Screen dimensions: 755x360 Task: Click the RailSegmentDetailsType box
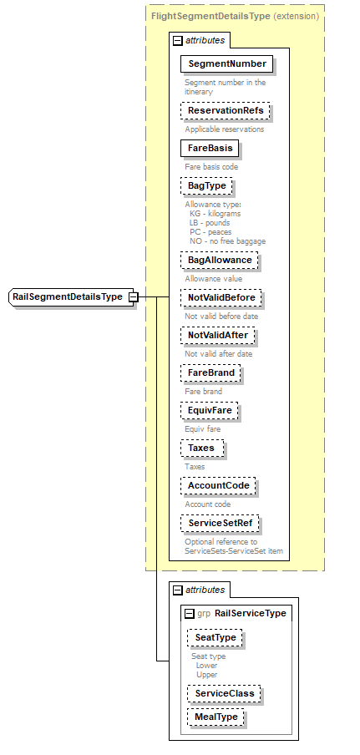point(68,296)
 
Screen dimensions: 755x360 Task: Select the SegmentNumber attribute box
point(227,63)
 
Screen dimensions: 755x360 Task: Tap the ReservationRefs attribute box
point(227,111)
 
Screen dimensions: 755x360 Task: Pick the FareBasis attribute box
point(210,148)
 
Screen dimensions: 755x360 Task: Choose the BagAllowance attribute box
point(220,260)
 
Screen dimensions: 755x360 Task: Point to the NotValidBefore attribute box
point(221,297)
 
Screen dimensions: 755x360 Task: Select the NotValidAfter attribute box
point(217,335)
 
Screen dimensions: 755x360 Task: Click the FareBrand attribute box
point(211,372)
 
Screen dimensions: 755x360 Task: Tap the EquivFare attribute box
point(210,410)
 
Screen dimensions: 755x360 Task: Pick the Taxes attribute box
point(201,448)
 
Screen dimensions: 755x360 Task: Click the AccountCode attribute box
point(220,485)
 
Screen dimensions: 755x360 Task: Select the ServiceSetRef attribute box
point(221,523)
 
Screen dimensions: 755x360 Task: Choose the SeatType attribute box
point(215,637)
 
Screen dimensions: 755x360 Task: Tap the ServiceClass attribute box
point(224,693)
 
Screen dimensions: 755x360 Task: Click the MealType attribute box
point(215,716)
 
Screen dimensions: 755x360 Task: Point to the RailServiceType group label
point(251,613)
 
